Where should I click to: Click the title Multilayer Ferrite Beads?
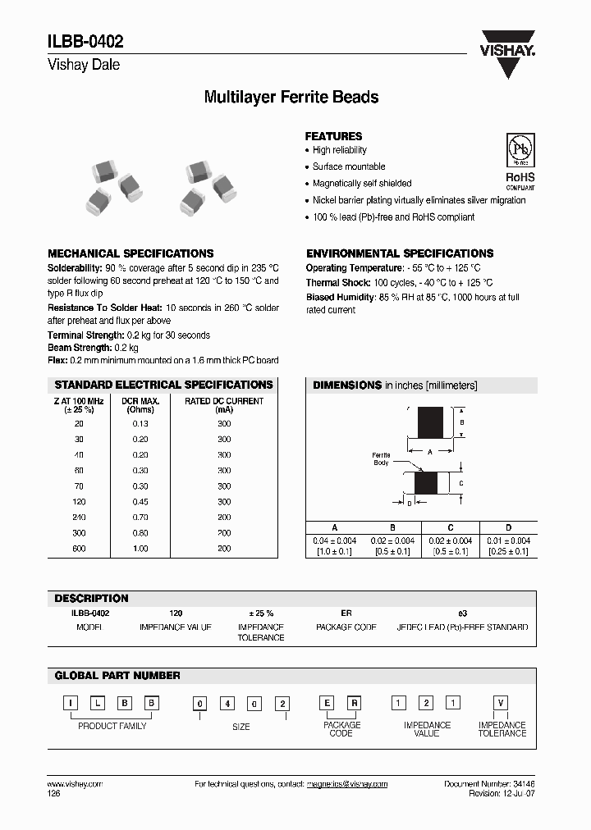click(x=291, y=97)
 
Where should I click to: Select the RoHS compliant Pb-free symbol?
click(x=519, y=161)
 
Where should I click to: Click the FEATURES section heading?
click(x=333, y=136)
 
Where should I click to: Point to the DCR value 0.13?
click(x=140, y=423)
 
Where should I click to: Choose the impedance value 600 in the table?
click(x=79, y=548)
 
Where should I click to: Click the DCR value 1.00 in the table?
click(x=140, y=548)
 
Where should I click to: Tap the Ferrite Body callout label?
click(x=381, y=458)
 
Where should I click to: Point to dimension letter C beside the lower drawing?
click(x=461, y=483)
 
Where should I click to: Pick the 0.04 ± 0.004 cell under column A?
click(x=334, y=540)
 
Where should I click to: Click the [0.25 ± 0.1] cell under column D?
click(x=508, y=551)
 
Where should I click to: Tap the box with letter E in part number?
click(x=327, y=703)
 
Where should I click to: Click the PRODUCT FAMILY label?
click(x=112, y=726)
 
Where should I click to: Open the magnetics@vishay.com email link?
click(x=347, y=784)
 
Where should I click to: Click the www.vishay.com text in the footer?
click(x=76, y=784)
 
